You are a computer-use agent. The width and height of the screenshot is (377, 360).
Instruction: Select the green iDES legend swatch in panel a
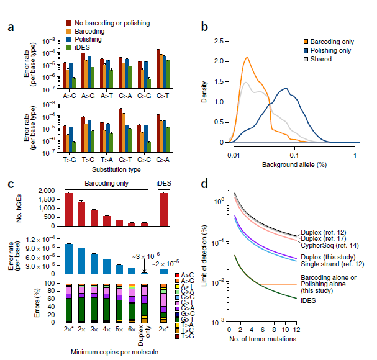[70, 46]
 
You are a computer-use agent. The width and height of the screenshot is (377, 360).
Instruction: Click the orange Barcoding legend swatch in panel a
[70, 30]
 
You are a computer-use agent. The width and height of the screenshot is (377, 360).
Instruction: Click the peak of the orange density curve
[247, 58]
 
